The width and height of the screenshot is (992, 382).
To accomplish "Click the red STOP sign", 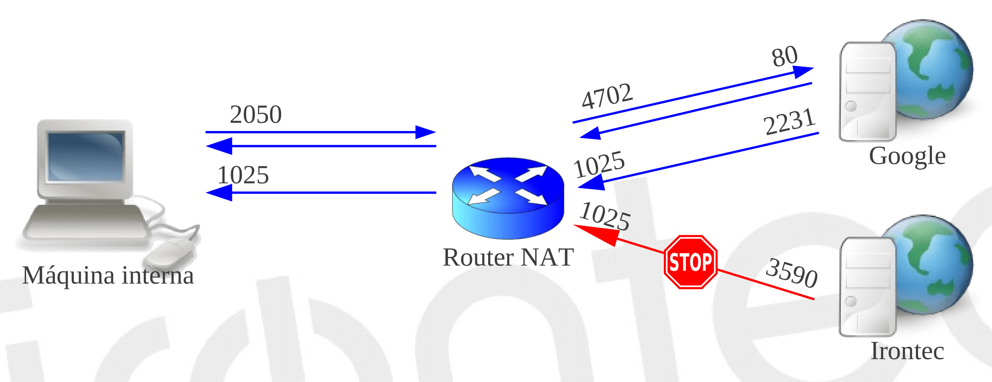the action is [x=690, y=262].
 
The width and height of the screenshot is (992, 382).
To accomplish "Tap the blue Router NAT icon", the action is [x=508, y=198].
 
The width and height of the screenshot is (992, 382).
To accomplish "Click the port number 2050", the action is [x=255, y=114].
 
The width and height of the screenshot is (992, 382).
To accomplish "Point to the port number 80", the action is [x=784, y=56].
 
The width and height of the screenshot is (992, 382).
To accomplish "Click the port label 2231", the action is [x=789, y=122].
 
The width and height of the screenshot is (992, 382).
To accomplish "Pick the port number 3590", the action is [x=792, y=273].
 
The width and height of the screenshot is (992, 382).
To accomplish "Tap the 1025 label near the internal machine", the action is [x=243, y=175].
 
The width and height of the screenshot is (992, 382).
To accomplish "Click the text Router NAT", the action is [x=508, y=257].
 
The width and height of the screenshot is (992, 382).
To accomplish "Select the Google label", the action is [x=907, y=156].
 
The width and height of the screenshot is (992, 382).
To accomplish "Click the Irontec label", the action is [x=907, y=351].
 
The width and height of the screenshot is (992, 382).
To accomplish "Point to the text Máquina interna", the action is [x=108, y=275].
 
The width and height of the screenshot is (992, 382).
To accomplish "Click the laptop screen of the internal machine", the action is [x=86, y=157].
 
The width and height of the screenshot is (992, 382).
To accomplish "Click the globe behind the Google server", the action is [x=931, y=69].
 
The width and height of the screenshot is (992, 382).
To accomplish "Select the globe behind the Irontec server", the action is [x=931, y=264].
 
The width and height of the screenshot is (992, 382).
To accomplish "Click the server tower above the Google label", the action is [x=868, y=92].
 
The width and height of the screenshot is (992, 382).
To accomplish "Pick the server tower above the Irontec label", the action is [x=868, y=287].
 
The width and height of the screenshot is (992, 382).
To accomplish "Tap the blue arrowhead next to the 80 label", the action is [x=803, y=71].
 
